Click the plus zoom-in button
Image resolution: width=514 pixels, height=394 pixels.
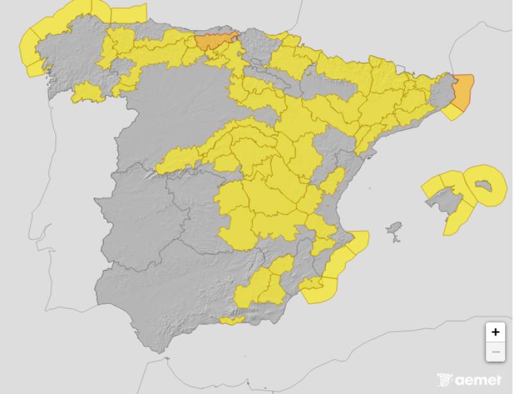(495, 332)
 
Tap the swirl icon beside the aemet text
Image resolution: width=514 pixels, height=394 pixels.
(445, 380)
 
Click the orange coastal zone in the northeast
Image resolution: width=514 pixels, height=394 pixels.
(463, 92)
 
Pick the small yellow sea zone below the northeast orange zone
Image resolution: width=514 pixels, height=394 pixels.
(452, 112)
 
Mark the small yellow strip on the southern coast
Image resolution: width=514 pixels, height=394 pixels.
(231, 320)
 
